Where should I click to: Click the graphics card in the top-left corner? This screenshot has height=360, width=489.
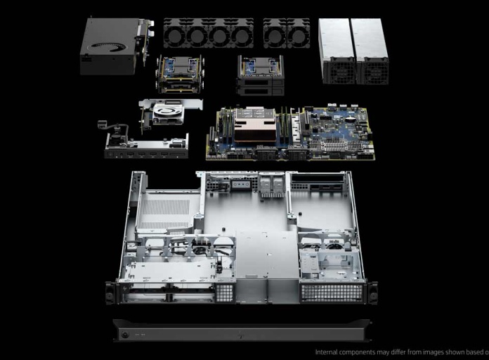click(x=111, y=46)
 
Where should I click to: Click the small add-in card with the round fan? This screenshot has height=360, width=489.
click(x=169, y=112)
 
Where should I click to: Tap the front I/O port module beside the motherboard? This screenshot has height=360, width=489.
click(x=146, y=146)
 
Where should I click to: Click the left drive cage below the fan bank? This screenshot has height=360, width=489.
click(x=180, y=75)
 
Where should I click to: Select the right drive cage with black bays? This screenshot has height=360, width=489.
click(x=261, y=75)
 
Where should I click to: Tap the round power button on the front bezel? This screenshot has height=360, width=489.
click(x=125, y=335)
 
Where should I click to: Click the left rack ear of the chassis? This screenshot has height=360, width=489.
click(x=110, y=292)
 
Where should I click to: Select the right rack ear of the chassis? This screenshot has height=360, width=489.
click(x=372, y=292)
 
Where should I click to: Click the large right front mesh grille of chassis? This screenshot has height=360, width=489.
click(x=332, y=292)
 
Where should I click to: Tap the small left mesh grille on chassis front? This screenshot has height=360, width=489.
click(x=225, y=292)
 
